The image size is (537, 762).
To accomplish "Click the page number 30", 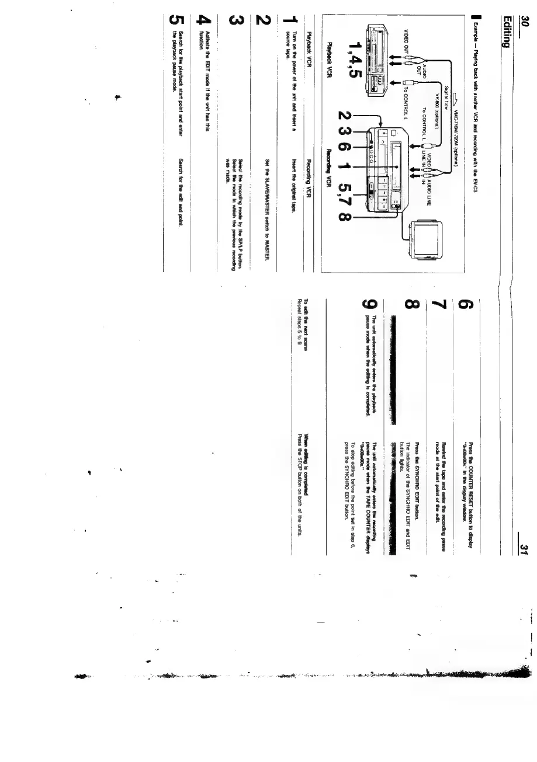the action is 525,23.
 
